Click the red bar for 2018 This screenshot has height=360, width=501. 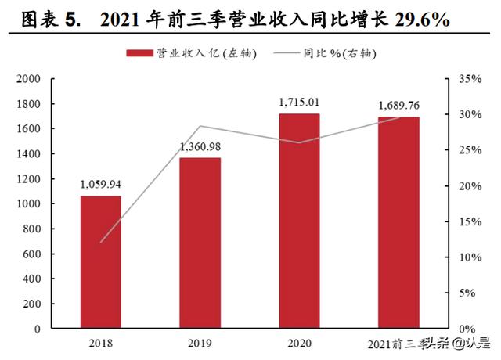tap(101, 262)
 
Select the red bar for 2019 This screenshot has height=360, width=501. tap(200, 243)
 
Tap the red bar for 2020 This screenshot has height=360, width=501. tap(299, 221)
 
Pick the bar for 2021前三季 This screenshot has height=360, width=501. tap(398, 223)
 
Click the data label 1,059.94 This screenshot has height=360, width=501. tap(101, 185)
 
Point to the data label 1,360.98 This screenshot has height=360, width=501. tap(200, 147)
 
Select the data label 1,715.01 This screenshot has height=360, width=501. tap(299, 103)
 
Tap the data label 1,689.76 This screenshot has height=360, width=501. tap(398, 106)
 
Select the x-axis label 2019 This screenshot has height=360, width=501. tap(200, 343)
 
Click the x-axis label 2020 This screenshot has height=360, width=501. tap(299, 343)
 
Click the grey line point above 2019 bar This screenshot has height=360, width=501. tap(200, 126)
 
